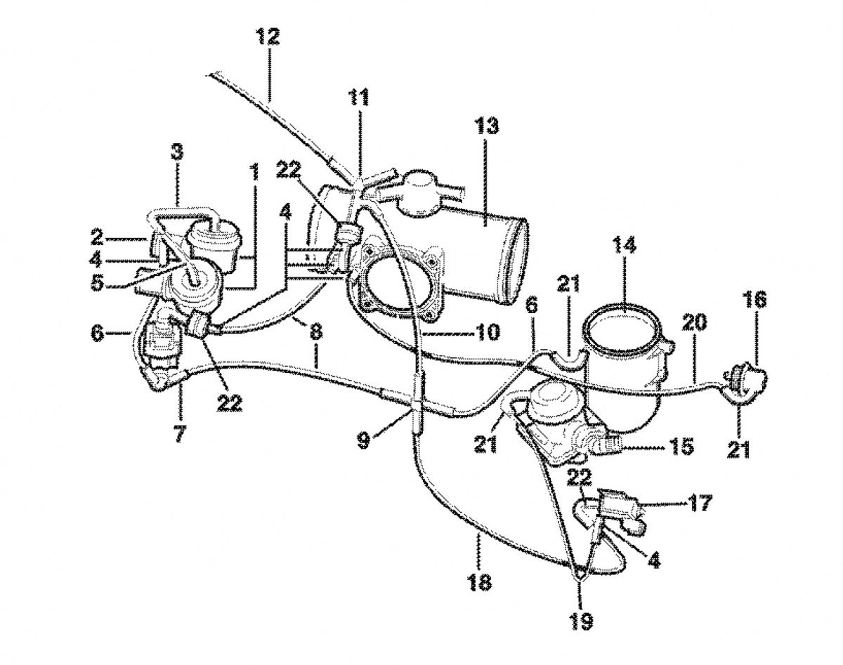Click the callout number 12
click(x=268, y=37)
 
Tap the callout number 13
click(x=486, y=126)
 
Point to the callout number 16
click(x=755, y=301)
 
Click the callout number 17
click(x=700, y=503)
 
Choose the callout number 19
click(x=582, y=621)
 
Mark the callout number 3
click(x=177, y=152)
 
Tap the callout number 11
click(x=360, y=96)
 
